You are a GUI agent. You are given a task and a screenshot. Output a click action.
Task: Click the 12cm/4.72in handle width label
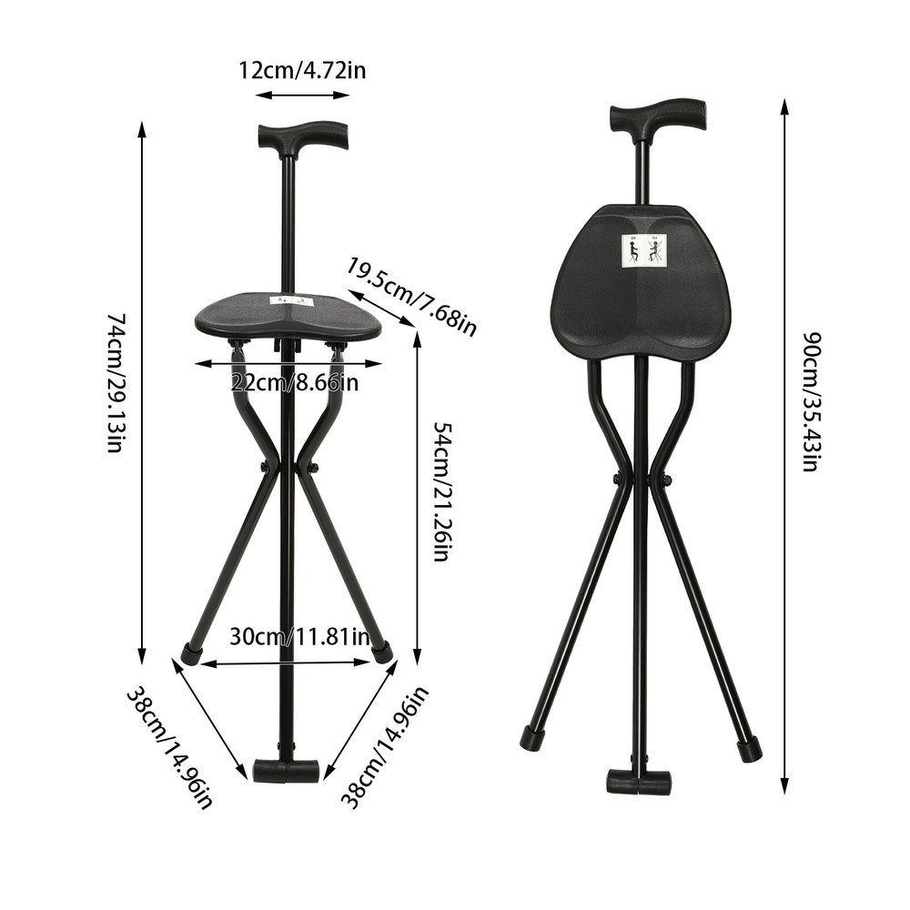click(x=302, y=70)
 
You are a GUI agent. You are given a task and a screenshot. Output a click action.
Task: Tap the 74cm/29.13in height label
click(x=117, y=383)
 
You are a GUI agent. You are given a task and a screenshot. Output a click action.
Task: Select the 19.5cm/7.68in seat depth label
click(x=411, y=296)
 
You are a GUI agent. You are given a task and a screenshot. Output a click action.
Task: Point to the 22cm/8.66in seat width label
click(x=293, y=382)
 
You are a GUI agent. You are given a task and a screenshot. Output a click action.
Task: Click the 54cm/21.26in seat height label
click(x=440, y=491)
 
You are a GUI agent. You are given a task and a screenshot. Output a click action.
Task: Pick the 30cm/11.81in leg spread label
click(x=298, y=637)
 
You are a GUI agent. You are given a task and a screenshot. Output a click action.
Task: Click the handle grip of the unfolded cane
click(x=302, y=136)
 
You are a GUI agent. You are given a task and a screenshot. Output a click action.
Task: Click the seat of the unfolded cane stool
click(x=288, y=318)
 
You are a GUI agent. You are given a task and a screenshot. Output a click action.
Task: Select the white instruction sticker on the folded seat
click(x=644, y=250)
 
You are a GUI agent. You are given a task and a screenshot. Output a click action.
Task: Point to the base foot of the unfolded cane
click(x=286, y=772)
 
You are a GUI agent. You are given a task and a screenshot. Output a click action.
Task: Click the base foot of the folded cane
click(x=639, y=782)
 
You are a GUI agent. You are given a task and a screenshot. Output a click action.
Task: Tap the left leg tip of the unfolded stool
click(x=192, y=652)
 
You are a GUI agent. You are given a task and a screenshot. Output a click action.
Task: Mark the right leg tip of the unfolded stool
click(x=383, y=652)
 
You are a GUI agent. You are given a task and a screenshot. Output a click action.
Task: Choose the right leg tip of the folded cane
click(x=749, y=750)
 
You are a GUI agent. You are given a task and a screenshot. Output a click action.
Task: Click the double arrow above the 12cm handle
click(x=302, y=95)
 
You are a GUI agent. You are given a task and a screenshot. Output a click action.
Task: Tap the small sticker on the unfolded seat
click(x=291, y=300)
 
